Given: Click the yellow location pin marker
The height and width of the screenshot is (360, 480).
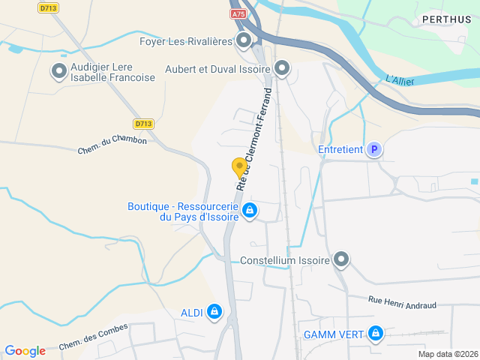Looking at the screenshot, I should pyautogui.click(x=239, y=167).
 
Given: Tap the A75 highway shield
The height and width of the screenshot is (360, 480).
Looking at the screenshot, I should pyautogui.click(x=238, y=13).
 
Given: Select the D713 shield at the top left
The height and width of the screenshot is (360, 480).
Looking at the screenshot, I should pyautogui.click(x=49, y=7).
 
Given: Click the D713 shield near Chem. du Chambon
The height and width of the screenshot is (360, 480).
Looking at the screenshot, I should pyautogui.click(x=144, y=124).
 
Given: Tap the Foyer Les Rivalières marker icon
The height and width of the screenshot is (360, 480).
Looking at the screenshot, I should pyautogui.click(x=244, y=40).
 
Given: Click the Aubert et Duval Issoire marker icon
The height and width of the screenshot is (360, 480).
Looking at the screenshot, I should pyautogui.click(x=282, y=69).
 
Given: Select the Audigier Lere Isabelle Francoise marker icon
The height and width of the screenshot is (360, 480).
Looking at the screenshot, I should pyautogui.click(x=59, y=72).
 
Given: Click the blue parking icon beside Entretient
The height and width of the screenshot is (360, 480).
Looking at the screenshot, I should pyautogui.click(x=373, y=150).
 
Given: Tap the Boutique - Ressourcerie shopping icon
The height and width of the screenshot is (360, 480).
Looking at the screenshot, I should pyautogui.click(x=250, y=212).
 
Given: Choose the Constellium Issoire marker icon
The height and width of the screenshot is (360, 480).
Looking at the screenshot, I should pyautogui.click(x=341, y=260).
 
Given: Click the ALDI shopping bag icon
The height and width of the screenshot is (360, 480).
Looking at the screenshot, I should pyautogui.click(x=214, y=311).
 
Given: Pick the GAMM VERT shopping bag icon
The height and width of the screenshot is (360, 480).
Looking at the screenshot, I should pyautogui.click(x=375, y=334).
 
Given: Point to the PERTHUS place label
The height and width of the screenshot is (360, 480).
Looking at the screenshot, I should pyautogui.click(x=446, y=19).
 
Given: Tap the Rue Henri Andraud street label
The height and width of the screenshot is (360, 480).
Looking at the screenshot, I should pyautogui.click(x=402, y=302).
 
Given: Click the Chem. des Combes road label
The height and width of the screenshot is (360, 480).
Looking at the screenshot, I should pyautogui.click(x=94, y=337).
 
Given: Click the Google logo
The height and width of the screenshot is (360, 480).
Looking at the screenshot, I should pyautogui.click(x=25, y=351).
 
